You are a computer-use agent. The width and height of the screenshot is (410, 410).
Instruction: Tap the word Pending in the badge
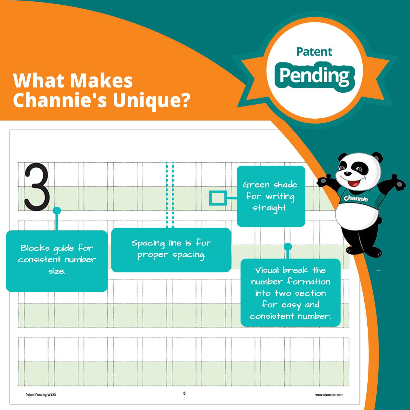(x=314, y=76)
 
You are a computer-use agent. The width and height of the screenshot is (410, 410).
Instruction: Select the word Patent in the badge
(x=314, y=52)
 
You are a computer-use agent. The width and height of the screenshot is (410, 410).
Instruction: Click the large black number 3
(x=37, y=187)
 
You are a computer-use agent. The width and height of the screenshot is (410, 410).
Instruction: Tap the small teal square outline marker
(x=218, y=198)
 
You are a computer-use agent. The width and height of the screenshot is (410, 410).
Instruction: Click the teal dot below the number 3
(x=57, y=210)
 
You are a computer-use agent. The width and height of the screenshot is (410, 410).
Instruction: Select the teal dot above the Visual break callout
(x=288, y=247)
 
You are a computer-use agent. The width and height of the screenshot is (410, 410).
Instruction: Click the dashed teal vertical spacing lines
(x=170, y=195)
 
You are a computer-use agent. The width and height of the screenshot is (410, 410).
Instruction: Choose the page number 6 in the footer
(x=184, y=393)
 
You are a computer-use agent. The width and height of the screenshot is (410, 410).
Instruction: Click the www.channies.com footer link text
(x=329, y=395)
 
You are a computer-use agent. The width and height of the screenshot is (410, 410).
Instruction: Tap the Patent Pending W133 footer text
(x=41, y=395)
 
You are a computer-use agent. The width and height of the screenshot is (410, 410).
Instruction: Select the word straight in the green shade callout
(x=270, y=208)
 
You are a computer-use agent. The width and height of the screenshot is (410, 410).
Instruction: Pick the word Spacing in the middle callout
(x=148, y=243)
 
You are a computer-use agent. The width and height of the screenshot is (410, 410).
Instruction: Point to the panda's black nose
(x=347, y=173)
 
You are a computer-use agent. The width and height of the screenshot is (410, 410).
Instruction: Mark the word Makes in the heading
(x=101, y=81)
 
